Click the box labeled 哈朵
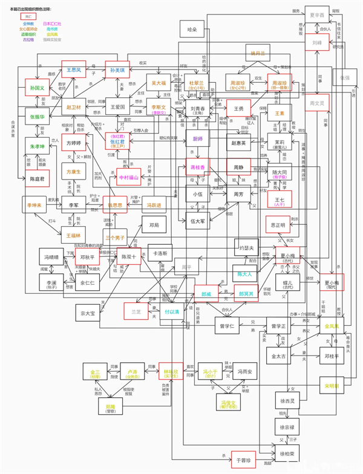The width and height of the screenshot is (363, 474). coord(192,28)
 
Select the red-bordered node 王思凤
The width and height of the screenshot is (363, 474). coord(73,70)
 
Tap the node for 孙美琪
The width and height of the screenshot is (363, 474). coord(118,70)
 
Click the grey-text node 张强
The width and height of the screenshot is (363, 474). coord(344,78)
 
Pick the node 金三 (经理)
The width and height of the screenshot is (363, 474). coord(95,372)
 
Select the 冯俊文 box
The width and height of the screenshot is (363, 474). coord(228,403)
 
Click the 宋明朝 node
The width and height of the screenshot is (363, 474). coord(332,385)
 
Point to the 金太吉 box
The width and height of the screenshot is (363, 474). coord(283,356)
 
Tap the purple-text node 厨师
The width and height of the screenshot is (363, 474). coord(197,139)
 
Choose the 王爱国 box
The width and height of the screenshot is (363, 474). coord(118,106)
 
